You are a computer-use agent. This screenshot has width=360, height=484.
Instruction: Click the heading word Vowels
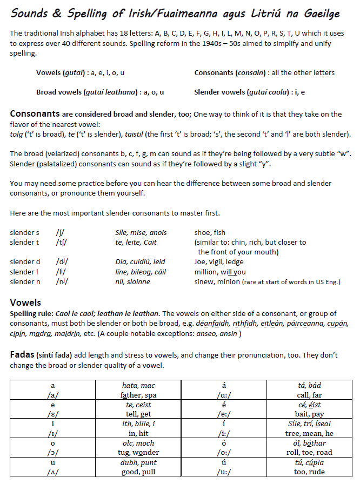[25, 302]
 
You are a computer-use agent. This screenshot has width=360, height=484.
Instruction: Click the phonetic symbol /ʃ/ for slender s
[60, 233]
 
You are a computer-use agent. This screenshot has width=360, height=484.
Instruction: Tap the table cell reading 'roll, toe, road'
[309, 452]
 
